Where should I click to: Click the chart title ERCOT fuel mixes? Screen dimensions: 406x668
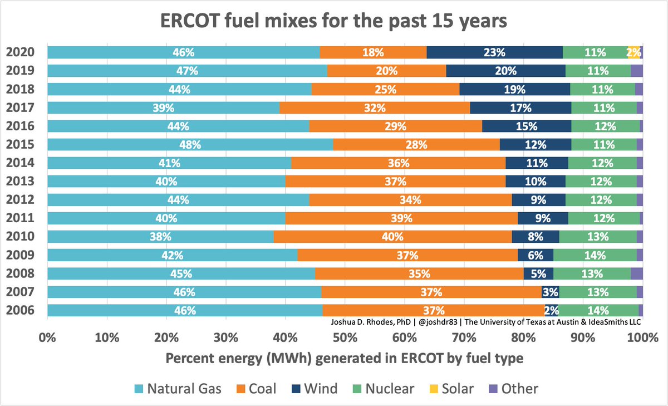click(334, 22)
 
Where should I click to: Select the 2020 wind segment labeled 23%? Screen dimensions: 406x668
click(494, 53)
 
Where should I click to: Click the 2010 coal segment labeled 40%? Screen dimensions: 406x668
click(392, 237)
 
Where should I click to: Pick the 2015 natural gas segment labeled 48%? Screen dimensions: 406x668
click(190, 145)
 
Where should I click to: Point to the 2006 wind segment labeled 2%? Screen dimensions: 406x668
click(551, 310)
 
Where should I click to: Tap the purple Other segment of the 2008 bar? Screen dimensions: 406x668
click(636, 273)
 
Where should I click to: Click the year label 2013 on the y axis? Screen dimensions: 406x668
click(21, 182)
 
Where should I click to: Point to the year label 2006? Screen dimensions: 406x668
click(21, 310)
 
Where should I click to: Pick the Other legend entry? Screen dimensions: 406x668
click(513, 388)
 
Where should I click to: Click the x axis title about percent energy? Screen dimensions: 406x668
click(344, 359)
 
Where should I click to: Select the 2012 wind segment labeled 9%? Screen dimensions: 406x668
click(538, 200)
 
